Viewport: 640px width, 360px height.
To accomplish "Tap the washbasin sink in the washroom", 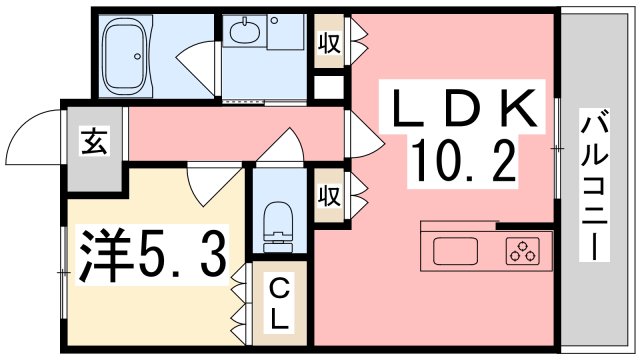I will (x=243, y=34).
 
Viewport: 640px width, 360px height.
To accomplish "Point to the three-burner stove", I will (x=522, y=252).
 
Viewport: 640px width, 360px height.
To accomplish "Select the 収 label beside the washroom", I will (x=327, y=43).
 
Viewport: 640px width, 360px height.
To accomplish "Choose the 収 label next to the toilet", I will (x=327, y=191).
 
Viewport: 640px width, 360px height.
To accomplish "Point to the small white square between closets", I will (x=326, y=86).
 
